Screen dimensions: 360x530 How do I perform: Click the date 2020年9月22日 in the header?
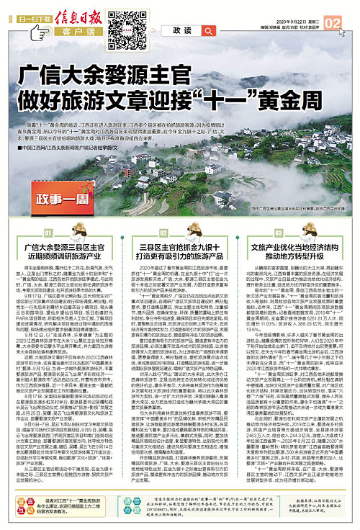(x=282, y=6)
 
